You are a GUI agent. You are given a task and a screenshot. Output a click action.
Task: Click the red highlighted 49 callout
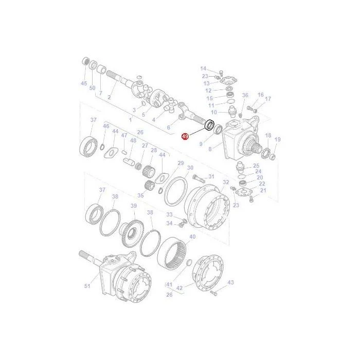[185, 136]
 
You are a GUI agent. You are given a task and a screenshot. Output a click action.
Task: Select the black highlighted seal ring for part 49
[210, 125]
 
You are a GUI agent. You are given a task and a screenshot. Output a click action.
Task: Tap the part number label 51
[87, 286]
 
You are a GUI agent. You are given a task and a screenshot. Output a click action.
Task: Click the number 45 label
[84, 83]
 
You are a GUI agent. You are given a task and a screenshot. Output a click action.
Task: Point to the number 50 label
[92, 88]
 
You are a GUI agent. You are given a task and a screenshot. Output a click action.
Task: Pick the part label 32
[226, 182]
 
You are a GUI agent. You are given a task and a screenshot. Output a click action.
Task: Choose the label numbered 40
[192, 237]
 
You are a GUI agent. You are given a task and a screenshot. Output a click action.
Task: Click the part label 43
[230, 282]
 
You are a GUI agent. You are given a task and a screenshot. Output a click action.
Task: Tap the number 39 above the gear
[134, 206]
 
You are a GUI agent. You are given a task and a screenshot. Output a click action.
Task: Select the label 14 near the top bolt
[203, 68]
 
